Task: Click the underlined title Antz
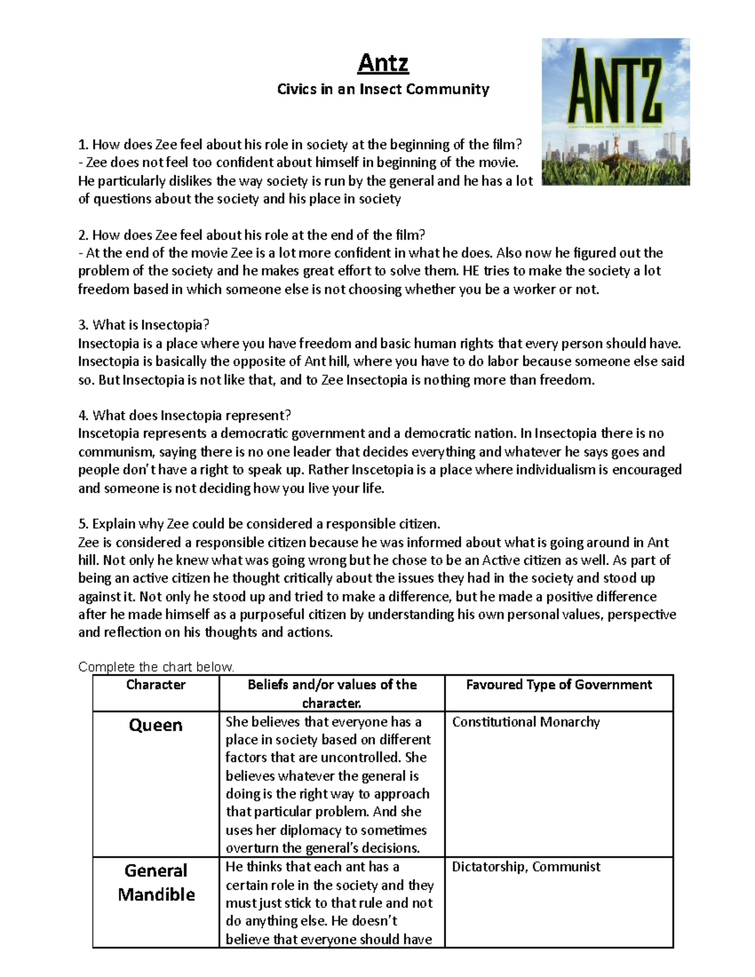[x=383, y=63]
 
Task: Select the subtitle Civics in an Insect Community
[x=383, y=89]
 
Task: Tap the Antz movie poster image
[x=615, y=112]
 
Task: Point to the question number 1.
[x=82, y=145]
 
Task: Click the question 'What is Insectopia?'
[x=143, y=325]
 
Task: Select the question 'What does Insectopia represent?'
[x=185, y=415]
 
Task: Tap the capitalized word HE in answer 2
[x=470, y=271]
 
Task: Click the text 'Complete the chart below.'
[x=156, y=667]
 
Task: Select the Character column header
[x=155, y=684]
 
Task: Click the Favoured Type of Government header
[x=558, y=684]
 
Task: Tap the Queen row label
[x=155, y=725]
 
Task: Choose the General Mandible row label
[x=155, y=882]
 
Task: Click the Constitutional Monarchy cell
[x=525, y=722]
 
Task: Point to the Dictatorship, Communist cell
[x=526, y=867]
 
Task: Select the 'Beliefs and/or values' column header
[x=332, y=693]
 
